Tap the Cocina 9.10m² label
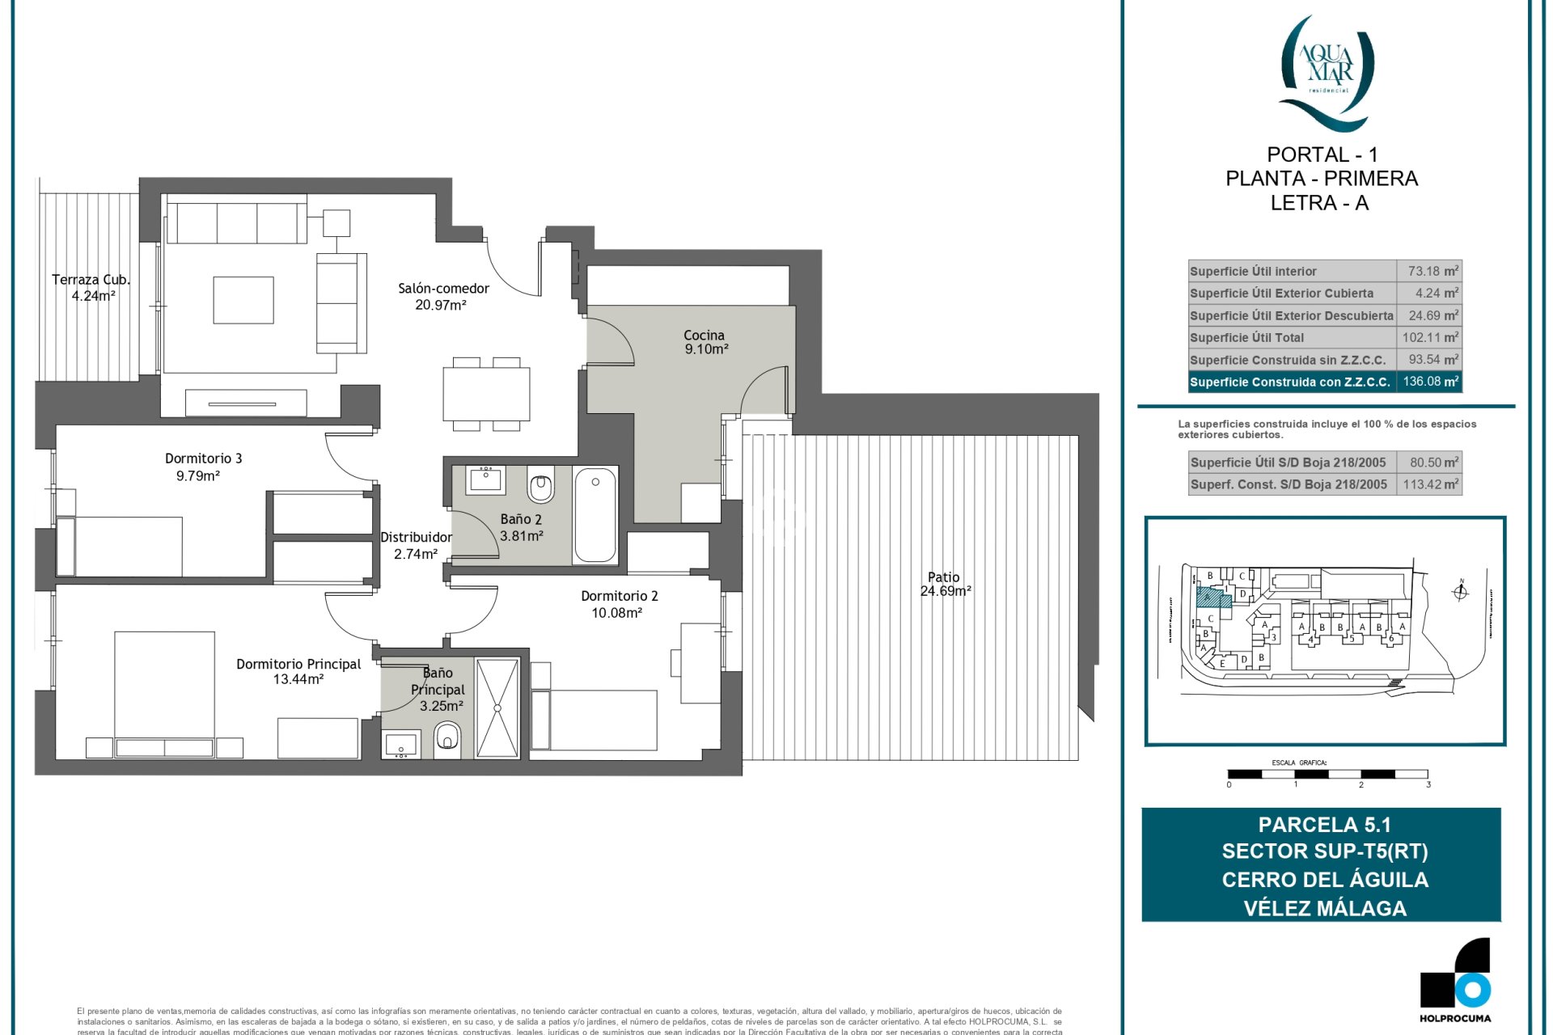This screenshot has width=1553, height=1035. [x=705, y=342]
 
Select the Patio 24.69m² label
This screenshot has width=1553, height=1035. [x=944, y=584]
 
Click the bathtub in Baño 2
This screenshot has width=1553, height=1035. [x=595, y=515]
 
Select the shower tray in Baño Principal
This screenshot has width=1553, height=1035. [x=497, y=708]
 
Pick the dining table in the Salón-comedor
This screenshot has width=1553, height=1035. [x=486, y=394]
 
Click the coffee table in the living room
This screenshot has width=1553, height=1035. [x=243, y=300]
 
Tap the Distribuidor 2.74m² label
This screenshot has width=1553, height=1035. [x=416, y=546]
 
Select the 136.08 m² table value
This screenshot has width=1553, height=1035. [x=1430, y=382]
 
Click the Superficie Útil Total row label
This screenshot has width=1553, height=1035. [x=1246, y=338]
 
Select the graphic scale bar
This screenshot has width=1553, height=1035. [x=1327, y=774]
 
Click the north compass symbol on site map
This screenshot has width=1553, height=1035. [x=1460, y=592]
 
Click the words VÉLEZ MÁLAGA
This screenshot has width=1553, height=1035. [x=1324, y=908]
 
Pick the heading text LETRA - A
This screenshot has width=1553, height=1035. [x=1319, y=203]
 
